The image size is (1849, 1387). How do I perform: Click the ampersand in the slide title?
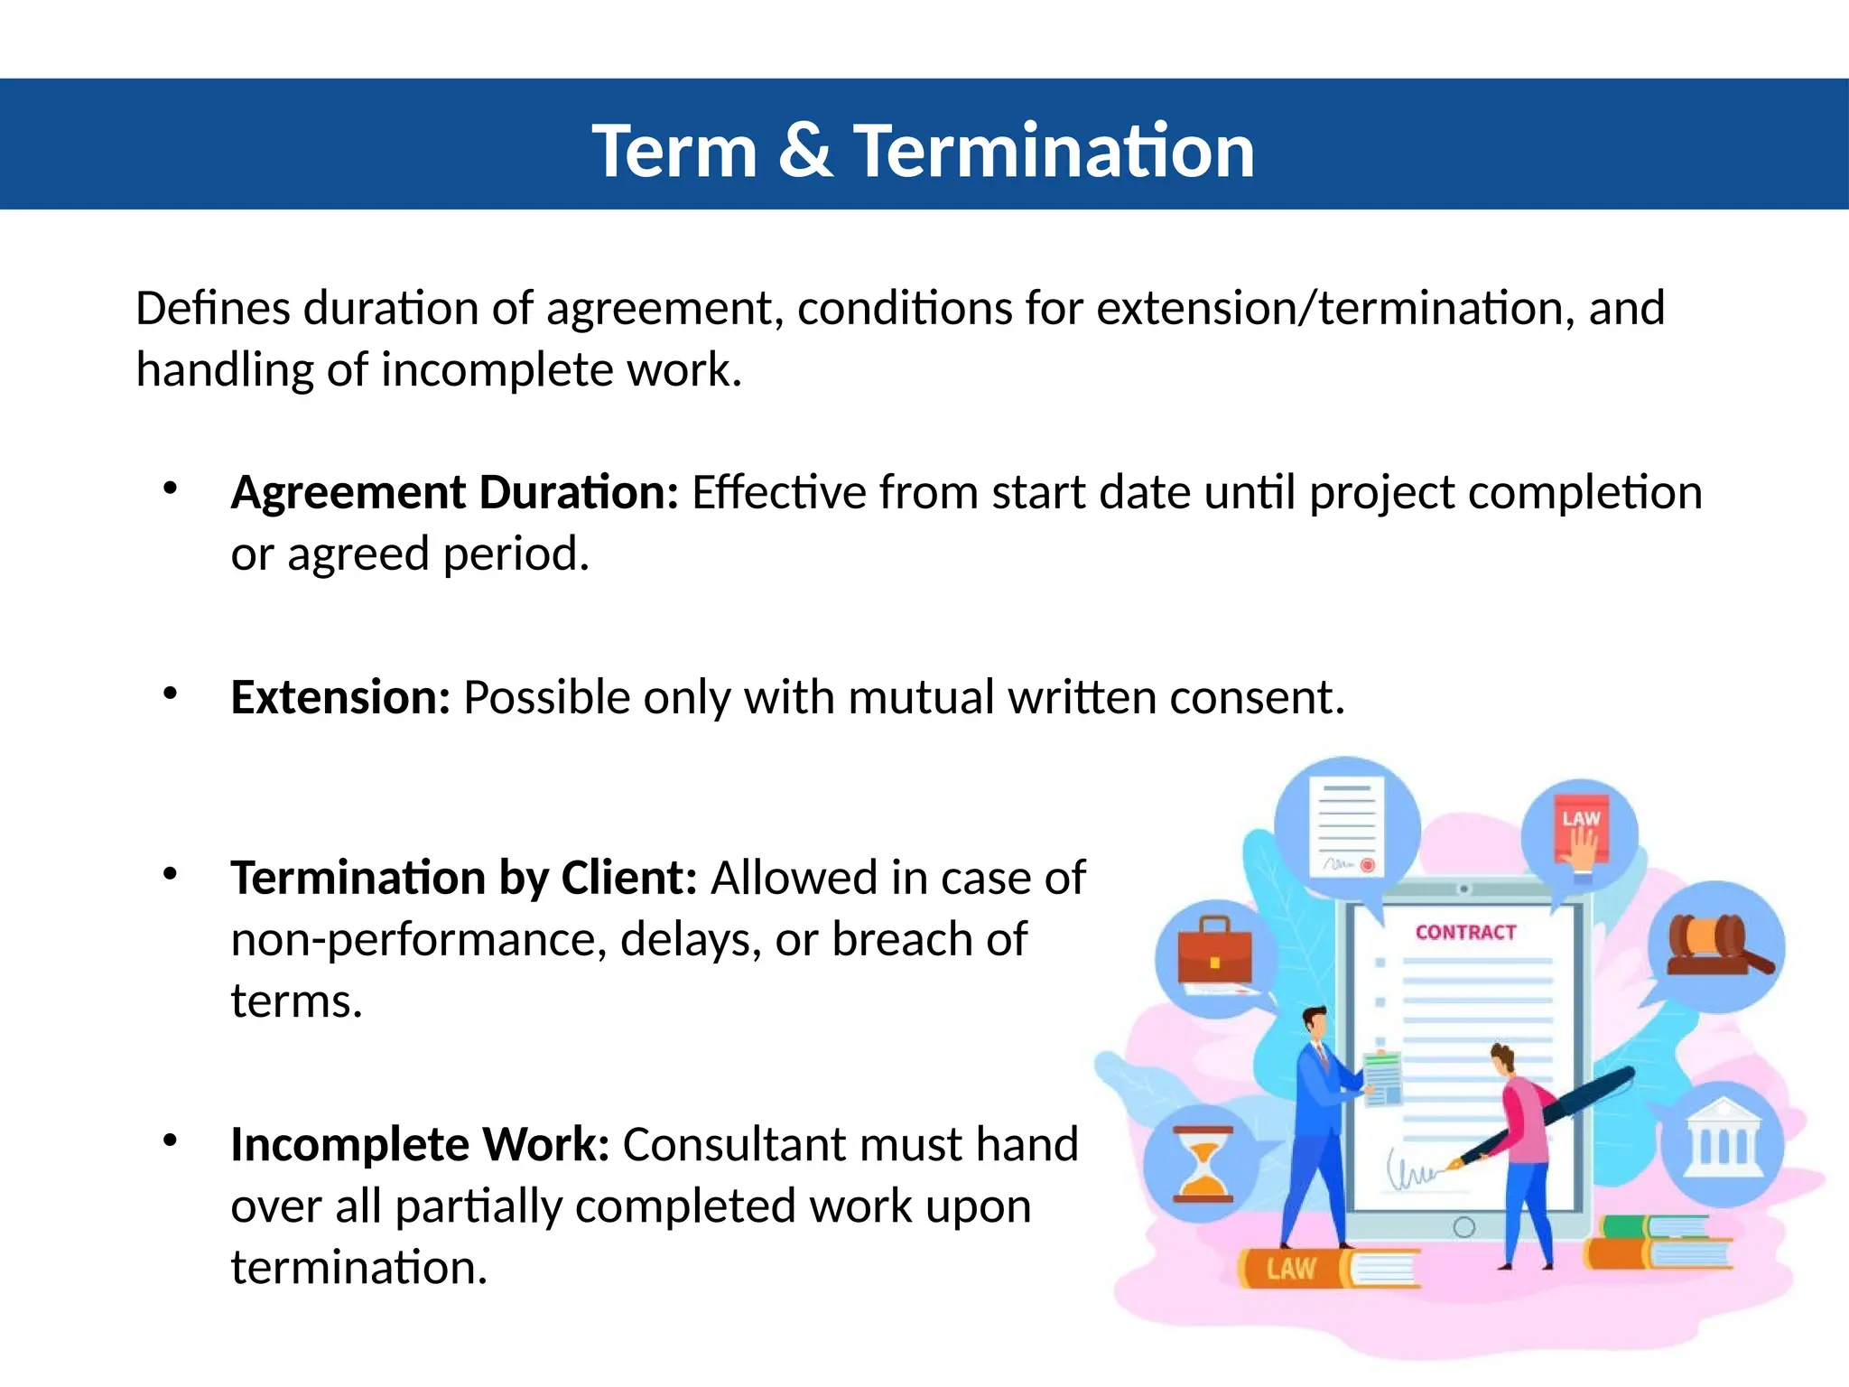(x=804, y=151)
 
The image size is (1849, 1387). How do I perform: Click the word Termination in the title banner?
(x=1054, y=151)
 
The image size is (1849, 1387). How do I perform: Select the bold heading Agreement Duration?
(x=454, y=493)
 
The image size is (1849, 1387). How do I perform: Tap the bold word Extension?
(x=340, y=698)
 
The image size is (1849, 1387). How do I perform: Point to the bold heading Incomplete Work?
(x=420, y=1145)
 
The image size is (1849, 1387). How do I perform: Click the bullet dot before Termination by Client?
(x=170, y=874)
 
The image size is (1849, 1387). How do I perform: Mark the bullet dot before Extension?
(x=170, y=693)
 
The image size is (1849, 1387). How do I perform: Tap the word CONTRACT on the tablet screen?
(x=1465, y=933)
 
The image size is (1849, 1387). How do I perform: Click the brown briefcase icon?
(x=1214, y=952)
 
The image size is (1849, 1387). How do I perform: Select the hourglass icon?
(x=1203, y=1164)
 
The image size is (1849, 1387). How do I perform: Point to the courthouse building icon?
(x=1723, y=1138)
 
